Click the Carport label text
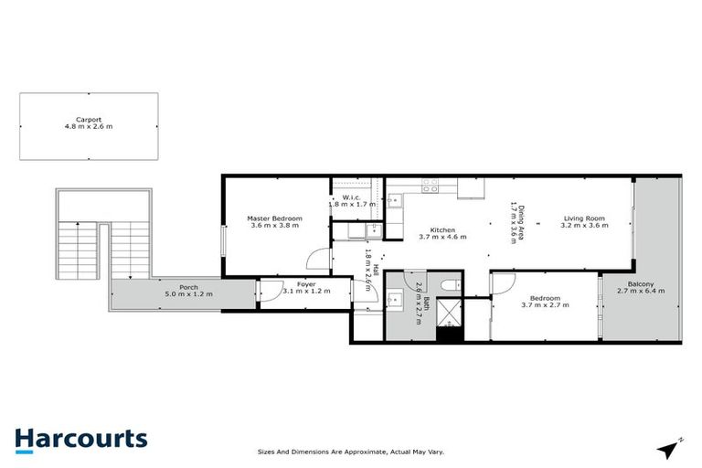click(x=89, y=119)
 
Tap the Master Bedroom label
click(x=274, y=218)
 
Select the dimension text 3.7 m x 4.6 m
click(x=442, y=237)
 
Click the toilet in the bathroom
click(x=449, y=285)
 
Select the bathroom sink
click(x=394, y=298)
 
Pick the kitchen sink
click(x=394, y=199)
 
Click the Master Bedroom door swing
click(x=315, y=260)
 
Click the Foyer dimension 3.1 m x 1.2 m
click(x=305, y=292)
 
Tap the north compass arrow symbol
click(x=669, y=447)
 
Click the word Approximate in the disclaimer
click(x=362, y=452)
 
